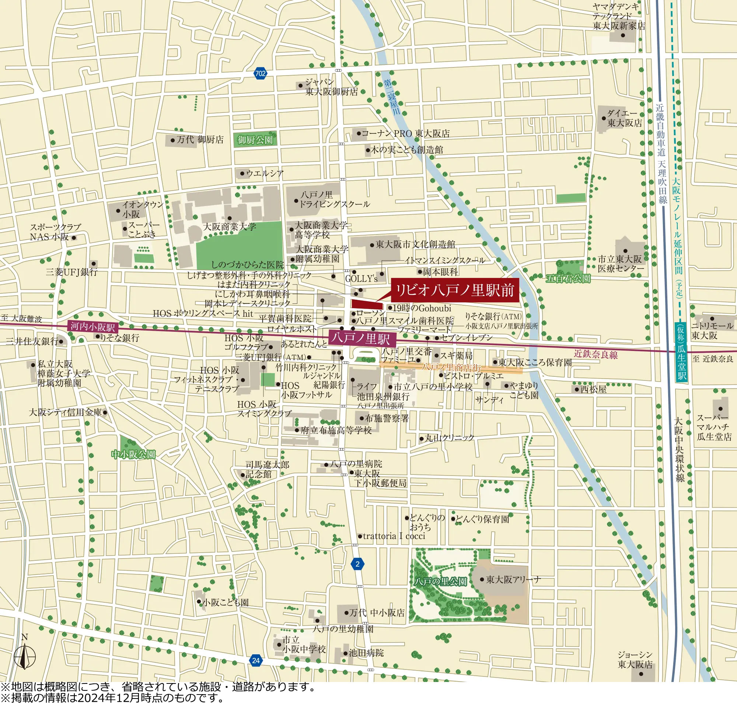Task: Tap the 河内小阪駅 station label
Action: tap(93, 327)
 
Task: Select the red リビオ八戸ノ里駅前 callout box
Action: tap(455, 290)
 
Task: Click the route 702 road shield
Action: tap(260, 73)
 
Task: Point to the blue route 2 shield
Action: tap(357, 564)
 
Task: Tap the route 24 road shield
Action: tap(256, 660)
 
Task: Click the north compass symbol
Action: tap(24, 655)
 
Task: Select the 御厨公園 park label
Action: tap(255, 140)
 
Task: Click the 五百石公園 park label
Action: tap(568, 278)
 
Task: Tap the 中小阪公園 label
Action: tap(133, 455)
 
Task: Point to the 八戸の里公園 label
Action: tap(440, 582)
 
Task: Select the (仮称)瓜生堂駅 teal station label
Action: tap(682, 352)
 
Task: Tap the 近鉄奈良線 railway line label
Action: tap(596, 354)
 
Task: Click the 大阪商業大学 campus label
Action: tap(229, 227)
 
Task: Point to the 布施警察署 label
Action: tap(387, 418)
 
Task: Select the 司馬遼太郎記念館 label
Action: tap(268, 469)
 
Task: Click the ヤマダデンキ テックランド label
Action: tap(619, 17)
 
